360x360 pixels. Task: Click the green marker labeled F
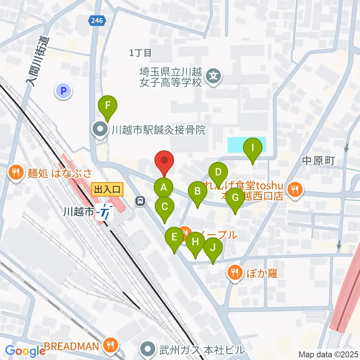[108, 105]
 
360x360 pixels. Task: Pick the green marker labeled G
[235, 197]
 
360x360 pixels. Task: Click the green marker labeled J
[213, 247]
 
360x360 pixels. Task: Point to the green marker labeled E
[174, 237]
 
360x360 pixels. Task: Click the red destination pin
[164, 160]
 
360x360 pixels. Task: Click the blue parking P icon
[63, 90]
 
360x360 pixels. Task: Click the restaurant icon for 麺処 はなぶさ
[15, 172]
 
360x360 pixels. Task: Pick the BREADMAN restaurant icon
[110, 345]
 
